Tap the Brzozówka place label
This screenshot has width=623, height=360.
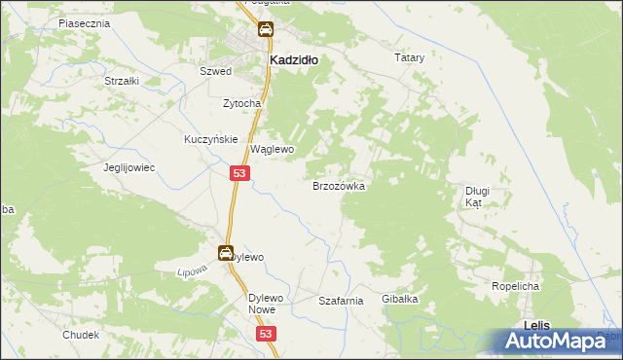coord(338,185)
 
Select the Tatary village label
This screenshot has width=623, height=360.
coord(410,58)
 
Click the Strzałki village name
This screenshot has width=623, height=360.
coord(122,81)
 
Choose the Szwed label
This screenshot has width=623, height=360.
coord(215,72)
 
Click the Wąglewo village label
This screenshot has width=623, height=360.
coord(273,150)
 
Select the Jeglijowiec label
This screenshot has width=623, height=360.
coord(130,167)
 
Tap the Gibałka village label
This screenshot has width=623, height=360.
coord(400,299)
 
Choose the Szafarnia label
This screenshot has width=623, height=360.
coord(341,302)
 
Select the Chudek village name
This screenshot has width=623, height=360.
coord(81,335)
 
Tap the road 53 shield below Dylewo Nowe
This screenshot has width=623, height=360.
coord(269,334)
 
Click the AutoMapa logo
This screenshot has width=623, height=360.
coord(559,341)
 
